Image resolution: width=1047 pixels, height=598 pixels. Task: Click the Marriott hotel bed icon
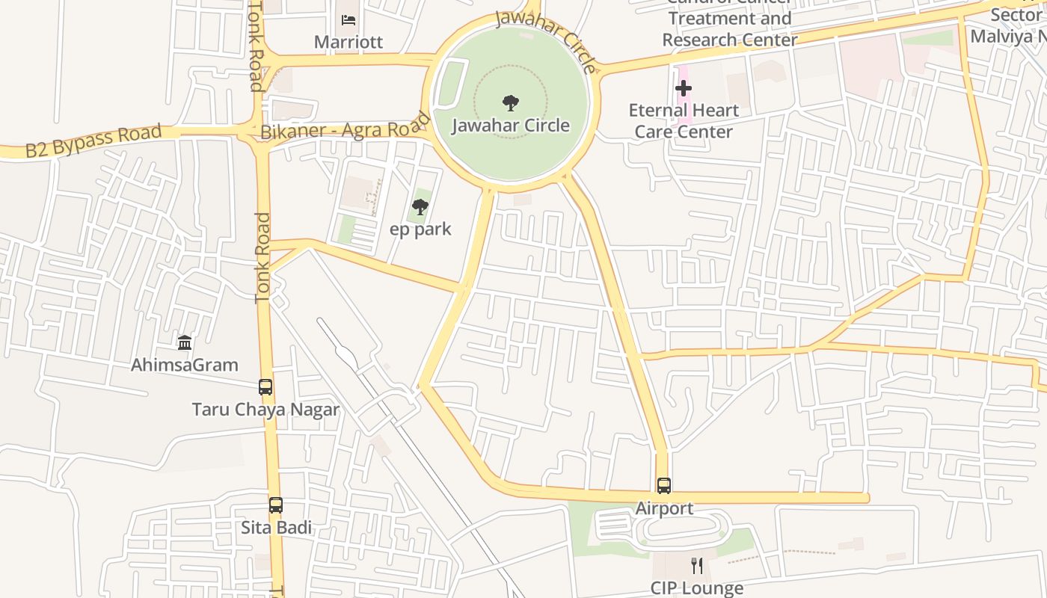[349, 20]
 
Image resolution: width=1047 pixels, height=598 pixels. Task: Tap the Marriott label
[349, 42]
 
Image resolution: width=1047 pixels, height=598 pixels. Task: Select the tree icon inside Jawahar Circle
[511, 102]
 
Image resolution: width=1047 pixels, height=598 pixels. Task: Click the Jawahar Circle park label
[511, 125]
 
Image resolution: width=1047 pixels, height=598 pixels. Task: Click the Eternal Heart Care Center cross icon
[683, 88]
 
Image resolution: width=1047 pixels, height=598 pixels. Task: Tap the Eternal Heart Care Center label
[683, 121]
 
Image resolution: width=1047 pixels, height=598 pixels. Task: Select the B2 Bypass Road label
[93, 141]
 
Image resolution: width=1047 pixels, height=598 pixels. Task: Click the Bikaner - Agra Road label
[346, 126]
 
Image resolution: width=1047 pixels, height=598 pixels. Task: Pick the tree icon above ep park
[420, 206]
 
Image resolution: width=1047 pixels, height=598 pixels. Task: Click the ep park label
[420, 229]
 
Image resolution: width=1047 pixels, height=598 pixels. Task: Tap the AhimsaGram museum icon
[185, 342]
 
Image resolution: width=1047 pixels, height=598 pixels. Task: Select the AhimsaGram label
[185, 365]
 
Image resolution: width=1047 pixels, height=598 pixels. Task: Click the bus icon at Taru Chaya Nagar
[265, 387]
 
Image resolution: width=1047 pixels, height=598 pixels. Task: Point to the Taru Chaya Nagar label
[265, 410]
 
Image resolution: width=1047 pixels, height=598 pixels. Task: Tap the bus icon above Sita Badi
[276, 505]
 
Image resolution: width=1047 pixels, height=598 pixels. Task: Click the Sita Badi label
[276, 528]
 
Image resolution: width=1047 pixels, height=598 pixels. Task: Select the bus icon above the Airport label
[664, 486]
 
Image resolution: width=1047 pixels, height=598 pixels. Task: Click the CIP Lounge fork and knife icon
[697, 565]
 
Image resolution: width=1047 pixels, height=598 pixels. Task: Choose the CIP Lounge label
[697, 588]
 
